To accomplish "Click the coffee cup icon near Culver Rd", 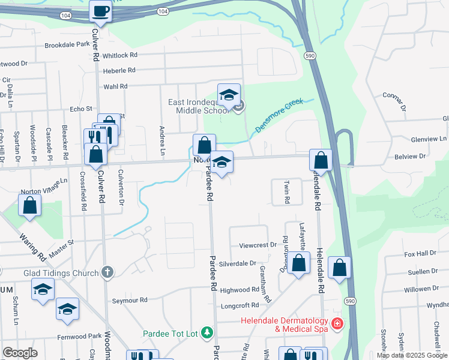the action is tap(100, 11).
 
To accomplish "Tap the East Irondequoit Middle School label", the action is tap(202, 106).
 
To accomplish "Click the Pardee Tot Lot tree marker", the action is tap(207, 332).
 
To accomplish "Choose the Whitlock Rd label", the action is tap(120, 55).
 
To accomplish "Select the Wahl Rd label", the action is tap(116, 86).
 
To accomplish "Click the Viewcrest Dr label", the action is tap(258, 245).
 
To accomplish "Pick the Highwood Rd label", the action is tap(240, 290).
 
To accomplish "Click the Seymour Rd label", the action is tap(130, 299).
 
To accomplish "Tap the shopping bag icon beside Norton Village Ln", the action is tap(29, 206).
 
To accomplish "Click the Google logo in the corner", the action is tap(20, 353).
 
